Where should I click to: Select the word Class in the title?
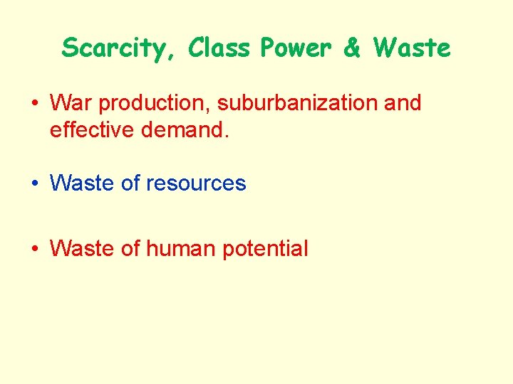click(x=220, y=48)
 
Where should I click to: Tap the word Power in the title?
click(x=296, y=48)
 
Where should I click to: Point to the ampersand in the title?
click(x=352, y=48)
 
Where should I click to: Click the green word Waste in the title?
click(x=412, y=48)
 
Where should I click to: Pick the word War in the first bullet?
click(x=71, y=103)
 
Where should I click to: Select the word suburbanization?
click(x=298, y=103)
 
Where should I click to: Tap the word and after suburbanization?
click(x=403, y=103)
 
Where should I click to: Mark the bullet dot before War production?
click(x=34, y=104)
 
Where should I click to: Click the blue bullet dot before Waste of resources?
click(x=34, y=183)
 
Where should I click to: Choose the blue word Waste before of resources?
click(x=83, y=183)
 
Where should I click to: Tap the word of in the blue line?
click(x=130, y=183)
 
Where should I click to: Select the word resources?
click(x=196, y=183)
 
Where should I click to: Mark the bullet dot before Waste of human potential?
click(x=34, y=249)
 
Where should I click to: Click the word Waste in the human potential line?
click(x=83, y=249)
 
